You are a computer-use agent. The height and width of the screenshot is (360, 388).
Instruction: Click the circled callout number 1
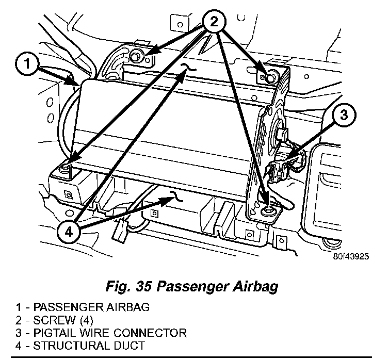point(27,63)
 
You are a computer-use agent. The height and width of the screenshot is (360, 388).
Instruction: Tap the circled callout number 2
point(214,22)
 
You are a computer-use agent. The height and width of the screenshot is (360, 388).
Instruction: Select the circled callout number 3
point(344,115)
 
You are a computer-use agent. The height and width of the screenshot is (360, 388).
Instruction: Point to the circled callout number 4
point(69,232)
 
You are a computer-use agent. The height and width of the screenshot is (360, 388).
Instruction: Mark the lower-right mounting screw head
point(267,211)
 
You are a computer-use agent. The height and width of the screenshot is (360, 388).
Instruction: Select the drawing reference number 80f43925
point(351,256)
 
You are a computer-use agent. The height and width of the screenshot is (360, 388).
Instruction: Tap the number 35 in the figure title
point(143,286)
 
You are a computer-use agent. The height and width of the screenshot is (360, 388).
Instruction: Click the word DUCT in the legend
point(126,346)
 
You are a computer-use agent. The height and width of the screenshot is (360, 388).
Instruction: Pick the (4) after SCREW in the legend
point(87,320)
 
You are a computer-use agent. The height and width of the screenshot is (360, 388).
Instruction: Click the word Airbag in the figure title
point(255,287)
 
